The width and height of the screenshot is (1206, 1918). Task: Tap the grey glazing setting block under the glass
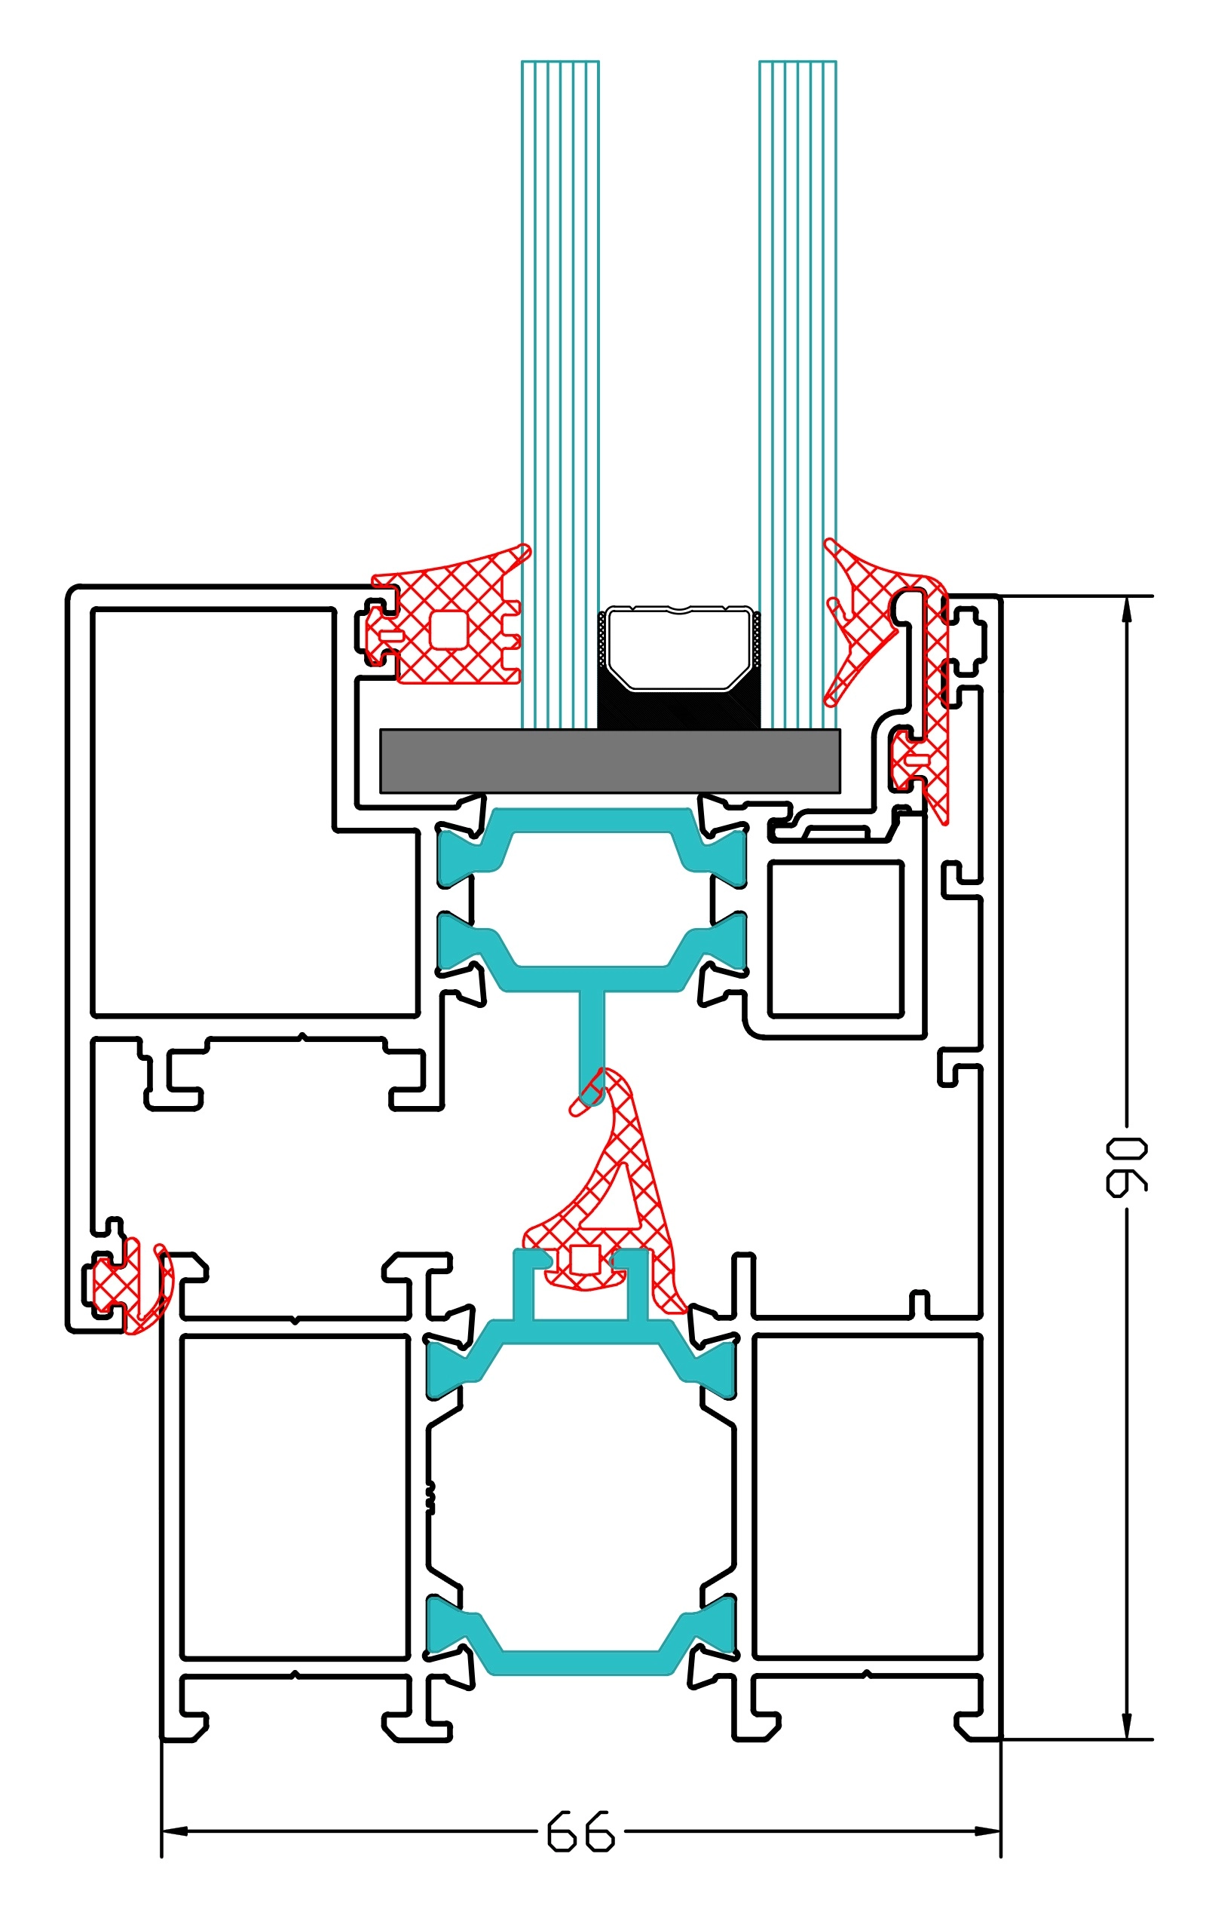tap(609, 761)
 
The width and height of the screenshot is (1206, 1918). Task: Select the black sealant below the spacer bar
tap(678, 709)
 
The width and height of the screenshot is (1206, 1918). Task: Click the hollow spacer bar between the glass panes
tap(678, 648)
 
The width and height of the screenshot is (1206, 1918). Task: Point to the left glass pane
tap(560, 319)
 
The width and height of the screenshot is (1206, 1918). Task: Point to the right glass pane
tap(797, 319)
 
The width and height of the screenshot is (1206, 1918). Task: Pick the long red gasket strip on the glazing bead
tap(937, 717)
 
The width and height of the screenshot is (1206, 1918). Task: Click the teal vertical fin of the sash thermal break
tap(592, 1035)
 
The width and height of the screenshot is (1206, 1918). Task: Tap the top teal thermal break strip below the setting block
tap(591, 820)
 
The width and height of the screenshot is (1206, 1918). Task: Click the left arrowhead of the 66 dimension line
tap(173, 1831)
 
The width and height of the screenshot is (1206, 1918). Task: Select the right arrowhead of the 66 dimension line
tap(987, 1831)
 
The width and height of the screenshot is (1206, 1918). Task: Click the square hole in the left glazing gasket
tap(448, 630)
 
